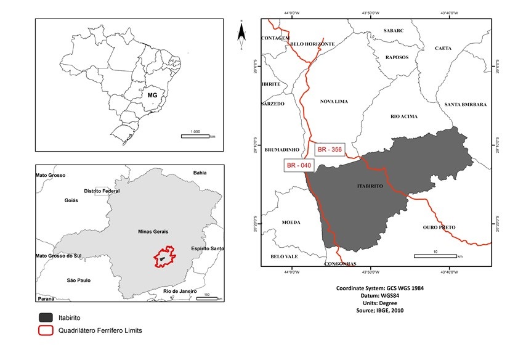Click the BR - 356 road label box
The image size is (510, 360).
point(329,150)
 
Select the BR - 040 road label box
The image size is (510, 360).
point(298,165)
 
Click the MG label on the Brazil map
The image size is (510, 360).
point(153,96)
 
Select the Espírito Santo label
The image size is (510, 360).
point(208,248)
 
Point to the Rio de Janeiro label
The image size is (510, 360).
point(179,290)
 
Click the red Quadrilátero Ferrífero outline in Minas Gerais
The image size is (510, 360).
point(165,256)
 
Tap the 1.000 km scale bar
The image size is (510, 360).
point(195,135)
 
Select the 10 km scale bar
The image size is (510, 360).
point(435,255)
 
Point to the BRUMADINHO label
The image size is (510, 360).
point(281,150)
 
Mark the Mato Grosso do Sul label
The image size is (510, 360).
point(59,255)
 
